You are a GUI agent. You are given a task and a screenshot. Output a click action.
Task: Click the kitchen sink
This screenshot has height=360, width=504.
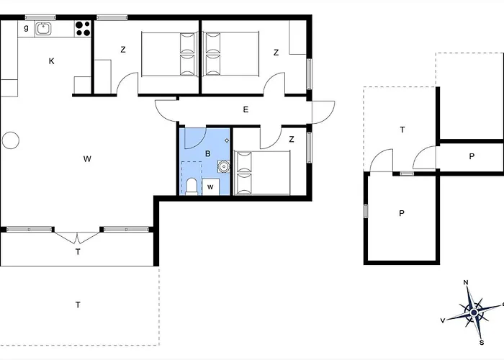(x=43, y=29)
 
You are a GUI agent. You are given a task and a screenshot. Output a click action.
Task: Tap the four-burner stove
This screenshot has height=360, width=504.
(x=83, y=29)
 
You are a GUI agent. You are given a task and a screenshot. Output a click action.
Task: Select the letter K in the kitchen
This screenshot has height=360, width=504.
(x=51, y=61)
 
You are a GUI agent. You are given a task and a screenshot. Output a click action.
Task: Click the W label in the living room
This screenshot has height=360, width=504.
(x=87, y=159)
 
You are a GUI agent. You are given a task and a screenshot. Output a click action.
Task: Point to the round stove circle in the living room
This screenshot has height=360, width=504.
(x=11, y=140)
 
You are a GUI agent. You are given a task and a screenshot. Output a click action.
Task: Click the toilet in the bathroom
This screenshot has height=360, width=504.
(x=192, y=186)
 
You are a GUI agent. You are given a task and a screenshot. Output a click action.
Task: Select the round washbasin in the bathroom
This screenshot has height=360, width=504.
(x=224, y=166)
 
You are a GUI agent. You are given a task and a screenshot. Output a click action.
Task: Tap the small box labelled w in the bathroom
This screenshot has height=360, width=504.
(x=210, y=186)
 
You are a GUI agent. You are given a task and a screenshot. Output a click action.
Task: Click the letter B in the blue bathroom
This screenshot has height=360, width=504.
(x=208, y=153)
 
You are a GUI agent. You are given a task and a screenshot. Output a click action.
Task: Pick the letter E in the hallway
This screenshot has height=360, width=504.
(x=246, y=109)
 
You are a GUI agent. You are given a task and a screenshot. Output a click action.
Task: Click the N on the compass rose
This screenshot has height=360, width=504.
(x=465, y=282)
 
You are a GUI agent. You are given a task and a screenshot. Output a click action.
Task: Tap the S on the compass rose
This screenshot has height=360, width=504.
(x=482, y=343)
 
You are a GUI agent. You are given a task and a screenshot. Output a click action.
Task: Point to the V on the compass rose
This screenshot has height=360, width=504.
(x=443, y=320)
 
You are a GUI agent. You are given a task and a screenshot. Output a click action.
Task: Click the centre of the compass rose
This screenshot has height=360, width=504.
(x=474, y=312)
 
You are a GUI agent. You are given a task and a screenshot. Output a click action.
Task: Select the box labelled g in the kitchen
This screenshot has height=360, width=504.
(x=26, y=29)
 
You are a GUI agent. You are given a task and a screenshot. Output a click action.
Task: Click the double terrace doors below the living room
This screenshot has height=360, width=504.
(x=77, y=237)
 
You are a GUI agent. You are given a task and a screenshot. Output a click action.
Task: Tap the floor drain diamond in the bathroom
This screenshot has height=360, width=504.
(x=227, y=140)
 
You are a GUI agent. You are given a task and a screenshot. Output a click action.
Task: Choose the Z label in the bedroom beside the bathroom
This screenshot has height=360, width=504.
(x=292, y=139)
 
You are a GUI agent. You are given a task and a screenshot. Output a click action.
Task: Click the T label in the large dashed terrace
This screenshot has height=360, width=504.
(x=78, y=305)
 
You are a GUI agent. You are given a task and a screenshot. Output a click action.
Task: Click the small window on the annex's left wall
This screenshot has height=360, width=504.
(x=366, y=211)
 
